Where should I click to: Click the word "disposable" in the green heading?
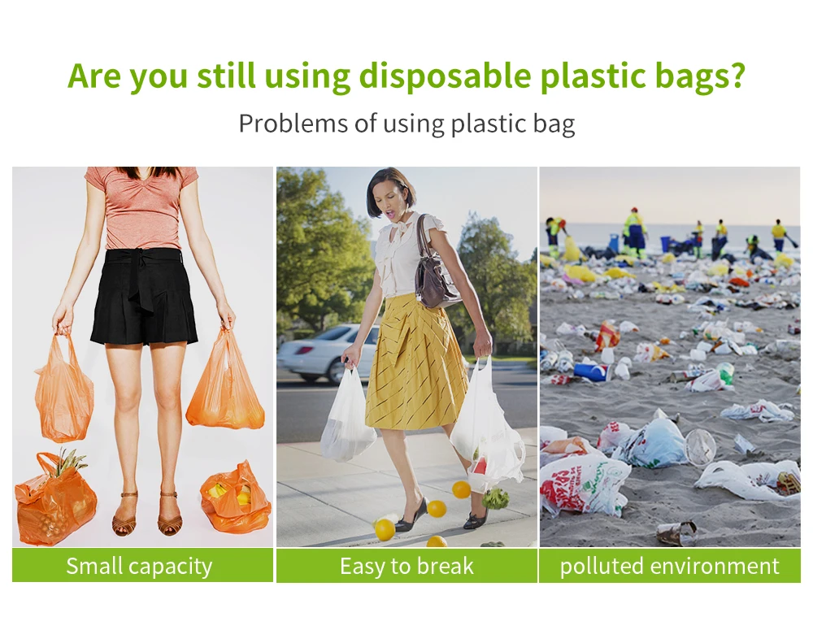pos(445,76)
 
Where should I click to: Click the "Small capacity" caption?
pos(140,566)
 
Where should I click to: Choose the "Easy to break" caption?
pos(407,566)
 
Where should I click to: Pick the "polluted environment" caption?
pos(669,566)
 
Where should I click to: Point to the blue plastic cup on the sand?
pos(591,371)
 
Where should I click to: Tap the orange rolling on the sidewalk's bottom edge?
pos(437,542)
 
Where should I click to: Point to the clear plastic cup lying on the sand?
pos(700,446)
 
